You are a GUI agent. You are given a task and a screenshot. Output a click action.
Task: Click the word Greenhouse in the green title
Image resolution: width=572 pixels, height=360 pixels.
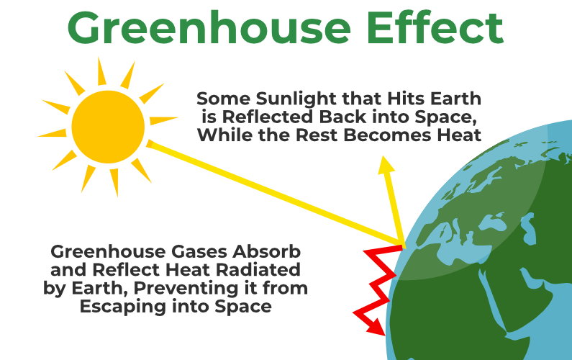click(x=209, y=28)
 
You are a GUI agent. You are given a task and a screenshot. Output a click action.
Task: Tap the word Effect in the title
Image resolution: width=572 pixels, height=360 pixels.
click(x=435, y=27)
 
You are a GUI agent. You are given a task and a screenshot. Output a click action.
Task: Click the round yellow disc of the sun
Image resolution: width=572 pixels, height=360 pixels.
click(x=108, y=127)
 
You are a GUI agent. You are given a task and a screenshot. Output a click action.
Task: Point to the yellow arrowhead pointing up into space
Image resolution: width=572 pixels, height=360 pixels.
click(x=386, y=163)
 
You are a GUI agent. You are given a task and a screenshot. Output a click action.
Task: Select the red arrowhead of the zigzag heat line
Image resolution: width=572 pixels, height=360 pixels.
click(x=376, y=326)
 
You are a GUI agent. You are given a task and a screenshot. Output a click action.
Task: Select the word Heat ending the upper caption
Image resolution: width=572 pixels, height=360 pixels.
click(x=459, y=135)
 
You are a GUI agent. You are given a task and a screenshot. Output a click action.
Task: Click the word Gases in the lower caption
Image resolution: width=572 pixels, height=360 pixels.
click(x=199, y=251)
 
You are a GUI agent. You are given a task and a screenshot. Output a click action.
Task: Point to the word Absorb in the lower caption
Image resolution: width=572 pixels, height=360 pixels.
click(x=267, y=251)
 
